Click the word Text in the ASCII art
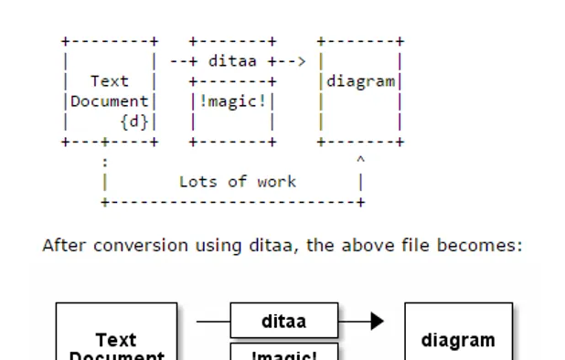pos(110,81)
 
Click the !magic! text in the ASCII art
pos(232,101)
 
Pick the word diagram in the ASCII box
pos(361,81)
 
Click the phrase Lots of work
pos(238,182)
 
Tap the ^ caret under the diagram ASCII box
pos(361,161)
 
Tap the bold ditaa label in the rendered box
pos(283,322)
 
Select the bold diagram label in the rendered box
pos(458,340)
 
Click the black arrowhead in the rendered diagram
pos(376,322)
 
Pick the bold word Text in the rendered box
pos(116,340)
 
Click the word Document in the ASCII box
pos(110,101)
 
